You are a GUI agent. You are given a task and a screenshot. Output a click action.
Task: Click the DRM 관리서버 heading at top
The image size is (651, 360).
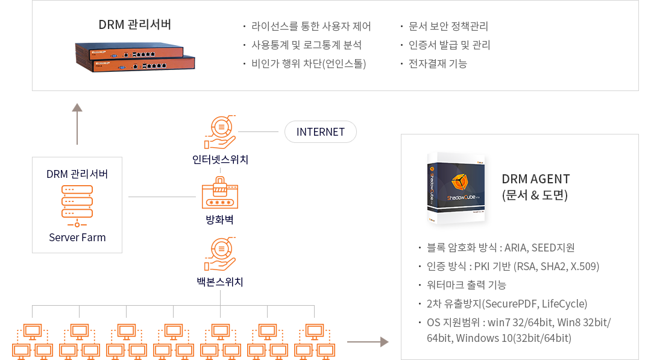click(x=135, y=25)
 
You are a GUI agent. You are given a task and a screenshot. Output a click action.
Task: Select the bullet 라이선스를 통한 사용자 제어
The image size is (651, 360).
click(x=311, y=27)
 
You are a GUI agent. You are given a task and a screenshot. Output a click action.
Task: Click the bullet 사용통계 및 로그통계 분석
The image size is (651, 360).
click(x=306, y=45)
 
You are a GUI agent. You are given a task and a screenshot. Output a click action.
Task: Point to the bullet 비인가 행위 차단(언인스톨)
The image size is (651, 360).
click(x=308, y=63)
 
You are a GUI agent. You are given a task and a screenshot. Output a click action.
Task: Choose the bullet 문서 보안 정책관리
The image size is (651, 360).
click(x=448, y=27)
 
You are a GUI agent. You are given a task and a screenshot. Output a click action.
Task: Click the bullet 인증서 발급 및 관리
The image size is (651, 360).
click(x=449, y=45)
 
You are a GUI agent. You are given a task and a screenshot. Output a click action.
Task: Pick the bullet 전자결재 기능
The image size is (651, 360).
click(x=438, y=63)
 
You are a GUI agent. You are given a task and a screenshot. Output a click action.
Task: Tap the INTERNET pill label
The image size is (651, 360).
click(x=320, y=132)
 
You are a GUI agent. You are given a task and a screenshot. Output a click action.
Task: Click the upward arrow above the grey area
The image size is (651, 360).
click(x=77, y=124)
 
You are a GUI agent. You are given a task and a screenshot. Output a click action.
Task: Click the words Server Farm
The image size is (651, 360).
click(x=77, y=237)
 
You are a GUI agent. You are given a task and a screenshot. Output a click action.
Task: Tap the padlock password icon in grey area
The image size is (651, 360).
click(x=220, y=192)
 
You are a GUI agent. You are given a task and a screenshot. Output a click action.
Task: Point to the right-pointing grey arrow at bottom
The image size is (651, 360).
click(x=368, y=342)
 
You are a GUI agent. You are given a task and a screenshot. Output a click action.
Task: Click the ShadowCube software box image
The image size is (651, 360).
click(x=456, y=189)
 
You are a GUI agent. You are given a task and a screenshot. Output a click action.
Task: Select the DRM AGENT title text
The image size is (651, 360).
click(x=535, y=179)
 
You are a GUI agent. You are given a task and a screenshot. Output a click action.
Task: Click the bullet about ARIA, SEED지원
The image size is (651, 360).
click(x=500, y=248)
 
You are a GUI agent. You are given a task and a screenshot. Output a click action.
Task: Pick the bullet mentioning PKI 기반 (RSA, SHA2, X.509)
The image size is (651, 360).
click(x=512, y=267)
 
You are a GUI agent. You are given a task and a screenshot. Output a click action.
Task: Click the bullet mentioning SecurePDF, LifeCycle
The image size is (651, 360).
click(x=506, y=303)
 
